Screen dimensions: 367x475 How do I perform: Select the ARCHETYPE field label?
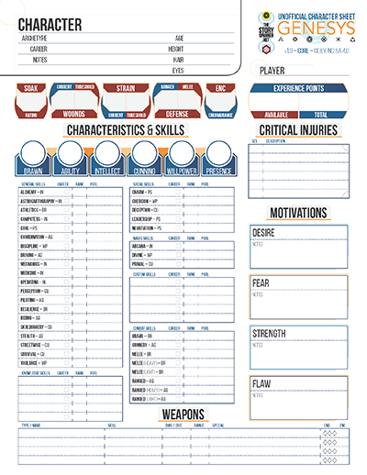34,39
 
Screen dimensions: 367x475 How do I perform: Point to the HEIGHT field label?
178,49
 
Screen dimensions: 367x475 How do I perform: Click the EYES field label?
178,70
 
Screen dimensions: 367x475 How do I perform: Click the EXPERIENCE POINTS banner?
299,89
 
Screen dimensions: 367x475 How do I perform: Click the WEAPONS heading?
183,414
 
